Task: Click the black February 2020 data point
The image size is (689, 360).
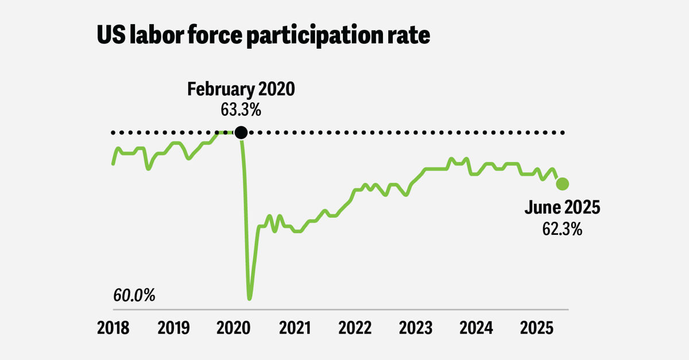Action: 241,133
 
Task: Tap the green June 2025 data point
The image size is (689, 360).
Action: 562,184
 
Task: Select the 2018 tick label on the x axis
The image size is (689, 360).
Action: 113,328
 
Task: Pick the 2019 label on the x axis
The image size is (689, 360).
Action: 173,328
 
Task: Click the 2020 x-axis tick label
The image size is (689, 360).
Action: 234,328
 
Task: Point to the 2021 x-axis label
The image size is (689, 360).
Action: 295,328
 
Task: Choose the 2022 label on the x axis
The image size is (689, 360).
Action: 355,328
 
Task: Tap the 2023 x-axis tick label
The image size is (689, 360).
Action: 415,328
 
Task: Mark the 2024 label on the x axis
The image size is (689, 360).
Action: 476,328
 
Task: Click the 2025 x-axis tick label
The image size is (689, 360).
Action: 536,328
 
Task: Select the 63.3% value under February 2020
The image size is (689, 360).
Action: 241,109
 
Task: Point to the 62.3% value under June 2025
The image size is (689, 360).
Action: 562,229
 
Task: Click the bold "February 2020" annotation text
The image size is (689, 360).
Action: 241,90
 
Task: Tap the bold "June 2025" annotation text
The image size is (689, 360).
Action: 562,208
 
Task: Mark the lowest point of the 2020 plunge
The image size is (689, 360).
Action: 249,299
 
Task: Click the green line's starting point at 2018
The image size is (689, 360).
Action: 113,164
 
